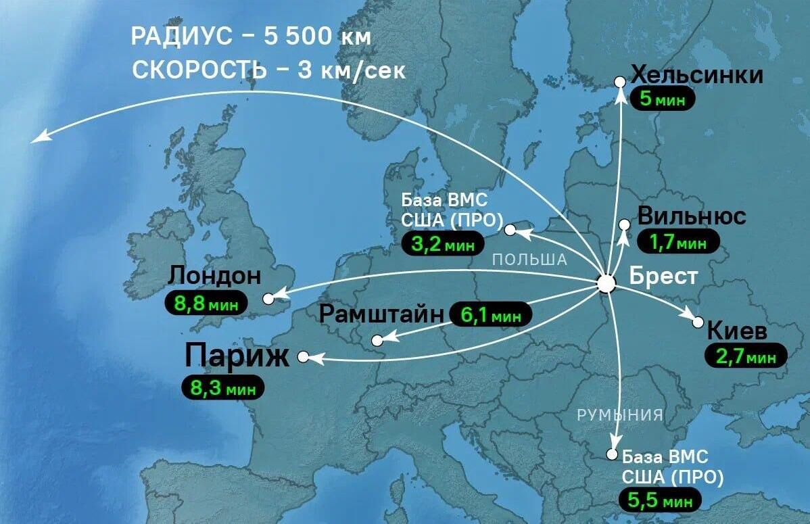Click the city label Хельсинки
(x=697, y=75)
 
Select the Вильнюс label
(x=692, y=217)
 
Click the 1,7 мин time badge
(x=678, y=241)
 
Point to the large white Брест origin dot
(x=606, y=284)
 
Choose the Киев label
(x=737, y=332)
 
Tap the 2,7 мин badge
(x=746, y=356)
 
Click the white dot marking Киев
(x=698, y=323)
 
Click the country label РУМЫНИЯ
(x=619, y=414)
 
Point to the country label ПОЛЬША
(x=529, y=260)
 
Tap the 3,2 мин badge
(x=439, y=243)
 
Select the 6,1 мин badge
(x=490, y=314)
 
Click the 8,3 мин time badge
(x=222, y=387)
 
